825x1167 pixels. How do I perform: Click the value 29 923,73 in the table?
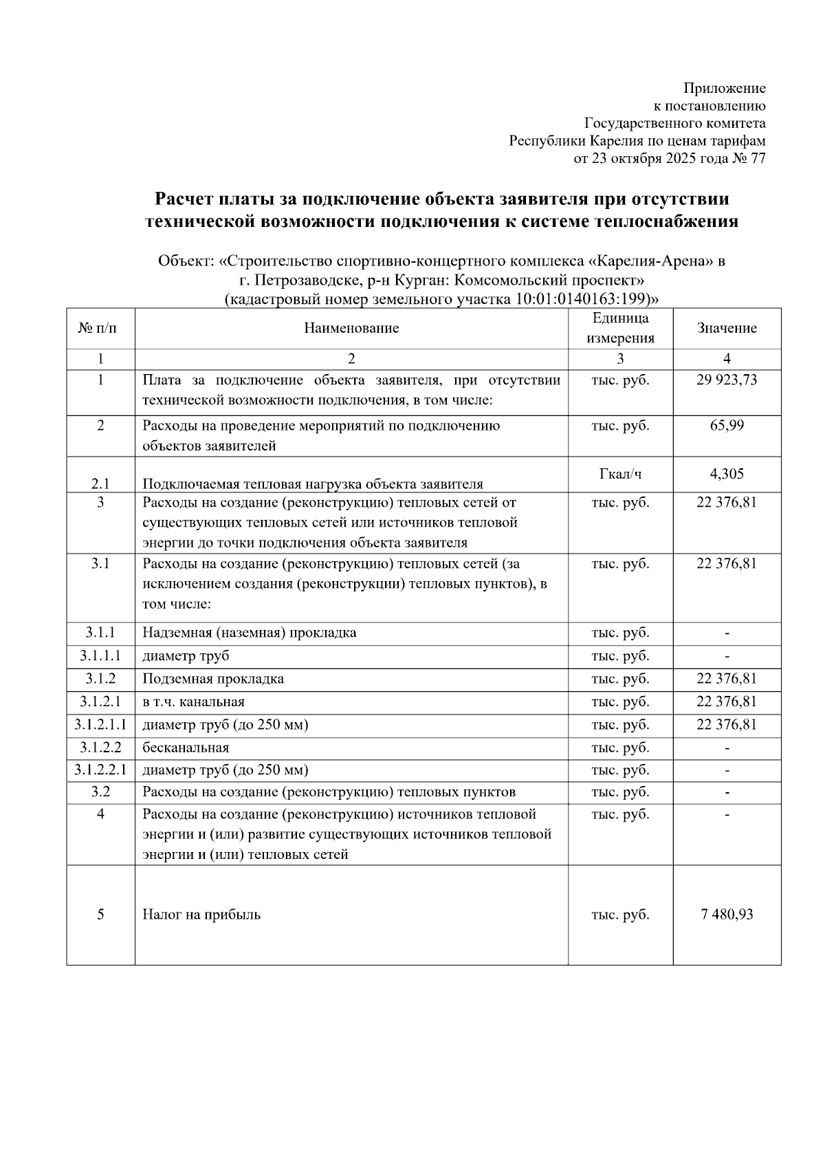pos(727,380)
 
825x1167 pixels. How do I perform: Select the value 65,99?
pos(727,425)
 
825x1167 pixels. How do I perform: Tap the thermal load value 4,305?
pos(727,473)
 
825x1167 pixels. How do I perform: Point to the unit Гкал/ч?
pos(620,473)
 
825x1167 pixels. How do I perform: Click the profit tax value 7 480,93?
pos(727,915)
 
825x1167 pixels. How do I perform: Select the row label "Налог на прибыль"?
pos(201,915)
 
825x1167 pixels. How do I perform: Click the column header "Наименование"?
pos(351,328)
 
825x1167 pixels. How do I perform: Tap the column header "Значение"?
pos(727,328)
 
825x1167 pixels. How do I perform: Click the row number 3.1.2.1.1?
pos(100,725)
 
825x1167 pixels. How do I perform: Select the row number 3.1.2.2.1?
pos(100,770)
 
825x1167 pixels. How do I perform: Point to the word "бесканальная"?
pos(186,748)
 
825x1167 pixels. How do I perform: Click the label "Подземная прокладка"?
pos(213,679)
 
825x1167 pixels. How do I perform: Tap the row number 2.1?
pos(100,483)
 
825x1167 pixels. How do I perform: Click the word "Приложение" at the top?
pos(724,88)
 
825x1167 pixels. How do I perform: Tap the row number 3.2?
pos(100,792)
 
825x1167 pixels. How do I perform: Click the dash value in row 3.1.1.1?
pos(727,656)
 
